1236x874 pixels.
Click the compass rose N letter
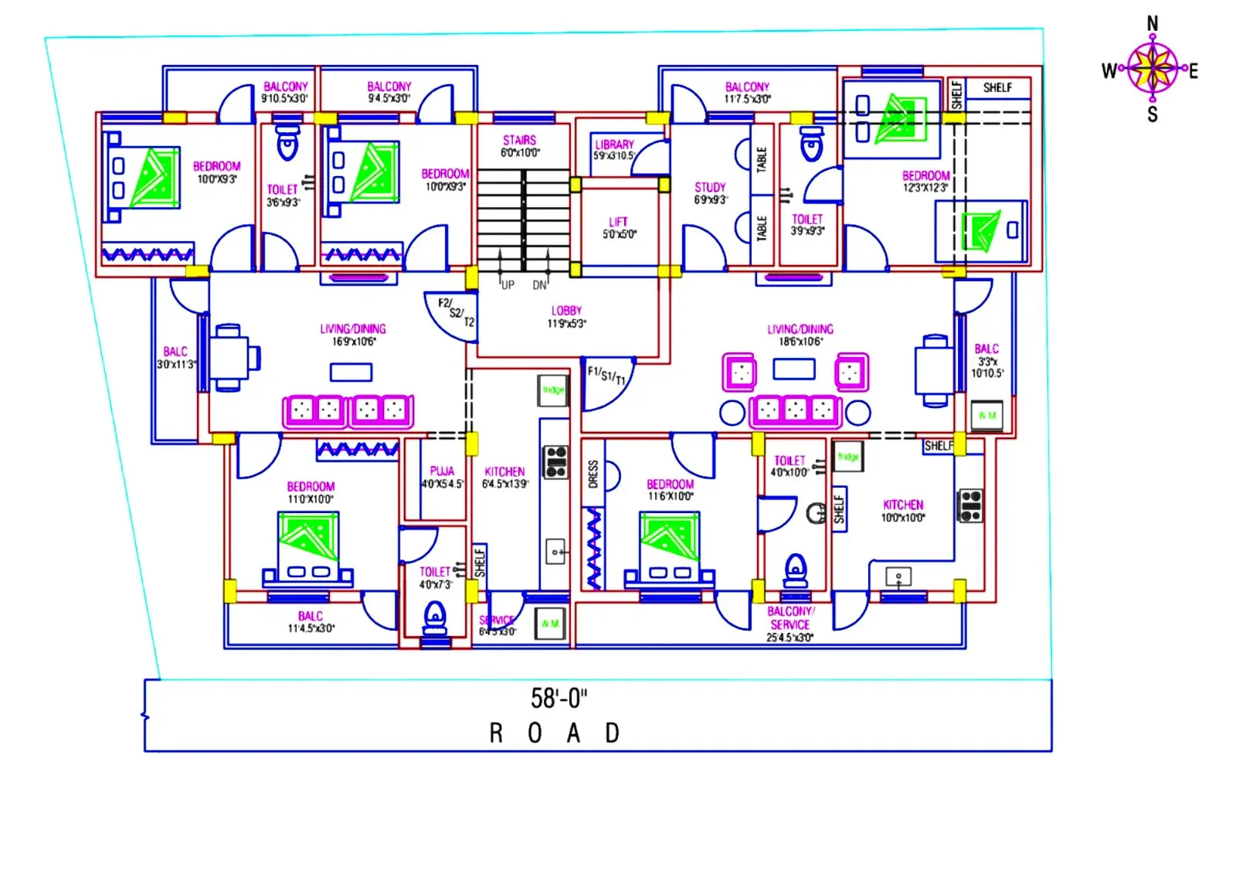[1152, 24]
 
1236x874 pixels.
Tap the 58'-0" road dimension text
[559, 699]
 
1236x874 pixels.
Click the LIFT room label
[618, 222]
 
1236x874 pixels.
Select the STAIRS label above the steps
[519, 140]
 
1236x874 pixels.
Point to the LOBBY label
[566, 310]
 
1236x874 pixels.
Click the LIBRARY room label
[614, 145]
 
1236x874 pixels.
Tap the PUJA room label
[442, 471]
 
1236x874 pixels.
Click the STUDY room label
[710, 187]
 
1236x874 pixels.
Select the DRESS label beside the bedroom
[593, 474]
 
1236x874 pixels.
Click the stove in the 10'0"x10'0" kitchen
[971, 505]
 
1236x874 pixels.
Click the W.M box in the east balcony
[986, 415]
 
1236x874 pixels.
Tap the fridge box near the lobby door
[553, 390]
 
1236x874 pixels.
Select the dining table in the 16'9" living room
[229, 358]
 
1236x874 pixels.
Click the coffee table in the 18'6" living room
[794, 369]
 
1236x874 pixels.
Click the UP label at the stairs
[508, 284]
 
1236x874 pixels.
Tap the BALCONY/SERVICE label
[789, 617]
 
